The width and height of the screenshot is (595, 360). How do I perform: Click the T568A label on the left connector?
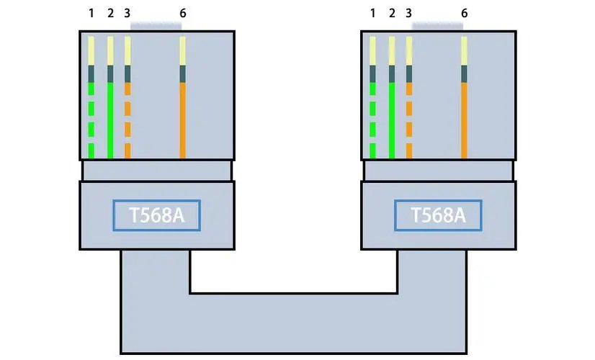(x=156, y=215)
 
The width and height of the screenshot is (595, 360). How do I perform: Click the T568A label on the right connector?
(x=438, y=215)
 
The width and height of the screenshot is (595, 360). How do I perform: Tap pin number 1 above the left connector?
(x=91, y=14)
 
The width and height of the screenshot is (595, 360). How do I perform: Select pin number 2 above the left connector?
(x=110, y=14)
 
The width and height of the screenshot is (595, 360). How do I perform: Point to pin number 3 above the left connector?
(x=127, y=14)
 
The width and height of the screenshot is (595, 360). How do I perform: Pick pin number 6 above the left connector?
(x=182, y=14)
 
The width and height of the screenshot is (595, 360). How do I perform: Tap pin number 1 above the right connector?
(x=372, y=14)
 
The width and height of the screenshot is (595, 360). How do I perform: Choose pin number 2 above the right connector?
(x=392, y=14)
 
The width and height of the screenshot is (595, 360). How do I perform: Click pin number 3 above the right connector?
(x=409, y=14)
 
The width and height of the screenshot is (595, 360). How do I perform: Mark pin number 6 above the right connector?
(x=464, y=14)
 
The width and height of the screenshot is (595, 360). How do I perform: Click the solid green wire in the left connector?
(x=110, y=120)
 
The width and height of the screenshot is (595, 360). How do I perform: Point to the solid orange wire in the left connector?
(x=182, y=120)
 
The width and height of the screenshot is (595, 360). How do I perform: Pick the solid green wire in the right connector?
(x=392, y=120)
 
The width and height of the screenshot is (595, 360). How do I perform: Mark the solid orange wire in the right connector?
(x=464, y=120)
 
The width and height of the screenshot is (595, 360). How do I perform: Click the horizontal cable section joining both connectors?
(x=294, y=324)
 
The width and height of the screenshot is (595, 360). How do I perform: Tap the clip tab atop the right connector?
(x=437, y=26)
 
